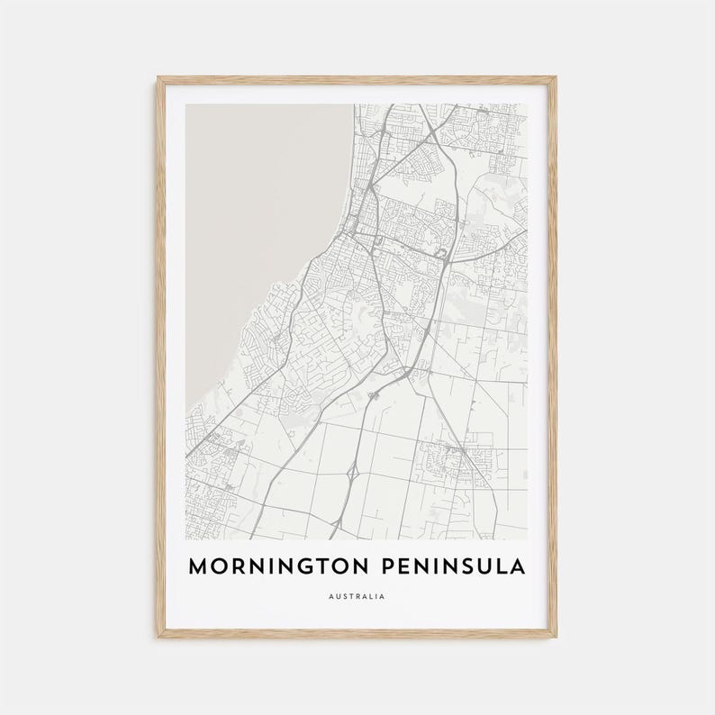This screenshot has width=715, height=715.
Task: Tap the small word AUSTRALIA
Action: tap(357, 596)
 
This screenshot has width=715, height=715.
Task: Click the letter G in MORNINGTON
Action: tap(303, 566)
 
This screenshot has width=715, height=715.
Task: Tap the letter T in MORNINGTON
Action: tap(321, 566)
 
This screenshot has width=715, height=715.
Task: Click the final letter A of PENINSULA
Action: tap(521, 566)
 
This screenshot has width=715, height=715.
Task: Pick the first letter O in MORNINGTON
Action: tap(220, 566)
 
